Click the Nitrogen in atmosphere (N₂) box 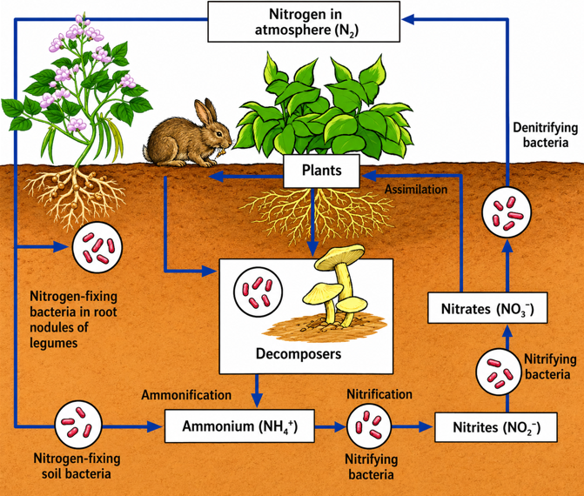(304, 22)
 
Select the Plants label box (321, 171)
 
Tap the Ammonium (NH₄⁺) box (239, 426)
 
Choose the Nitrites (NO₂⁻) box (496, 427)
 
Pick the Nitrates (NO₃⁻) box (487, 308)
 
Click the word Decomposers (299, 354)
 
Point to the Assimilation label (416, 190)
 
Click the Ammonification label (186, 395)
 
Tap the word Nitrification (379, 394)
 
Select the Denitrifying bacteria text (545, 135)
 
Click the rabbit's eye (218, 134)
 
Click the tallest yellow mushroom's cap (339, 256)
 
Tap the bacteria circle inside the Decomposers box (258, 292)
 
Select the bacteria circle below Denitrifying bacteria (507, 212)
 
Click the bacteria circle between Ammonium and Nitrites (369, 426)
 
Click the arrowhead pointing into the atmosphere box (408, 19)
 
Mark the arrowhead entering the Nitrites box (426, 426)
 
